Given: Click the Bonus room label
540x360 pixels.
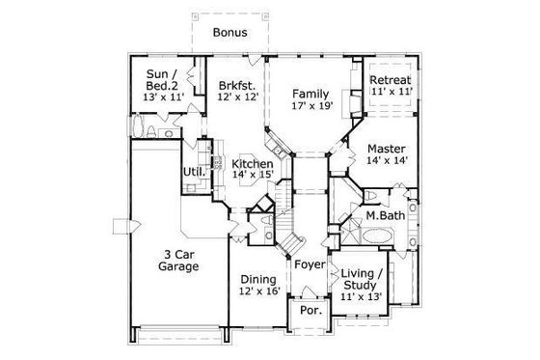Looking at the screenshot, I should click(x=229, y=32).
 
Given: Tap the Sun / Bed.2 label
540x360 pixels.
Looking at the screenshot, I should click(x=163, y=81).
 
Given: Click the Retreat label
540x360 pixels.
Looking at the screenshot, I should click(x=391, y=80).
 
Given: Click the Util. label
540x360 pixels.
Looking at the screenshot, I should click(x=191, y=174).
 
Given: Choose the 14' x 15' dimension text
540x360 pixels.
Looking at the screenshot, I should click(x=253, y=178).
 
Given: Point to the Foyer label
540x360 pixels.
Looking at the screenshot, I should click(x=310, y=264).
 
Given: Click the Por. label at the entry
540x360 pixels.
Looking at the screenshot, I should click(x=310, y=312).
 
